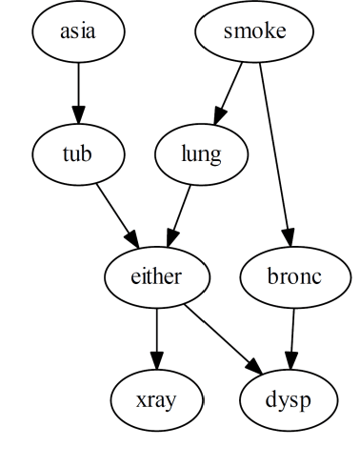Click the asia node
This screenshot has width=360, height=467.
78,31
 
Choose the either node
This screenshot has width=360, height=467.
156,277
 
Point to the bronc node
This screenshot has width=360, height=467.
295,277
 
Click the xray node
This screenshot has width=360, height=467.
156,399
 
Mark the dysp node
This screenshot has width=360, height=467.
288,399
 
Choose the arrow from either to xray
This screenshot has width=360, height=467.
156,338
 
